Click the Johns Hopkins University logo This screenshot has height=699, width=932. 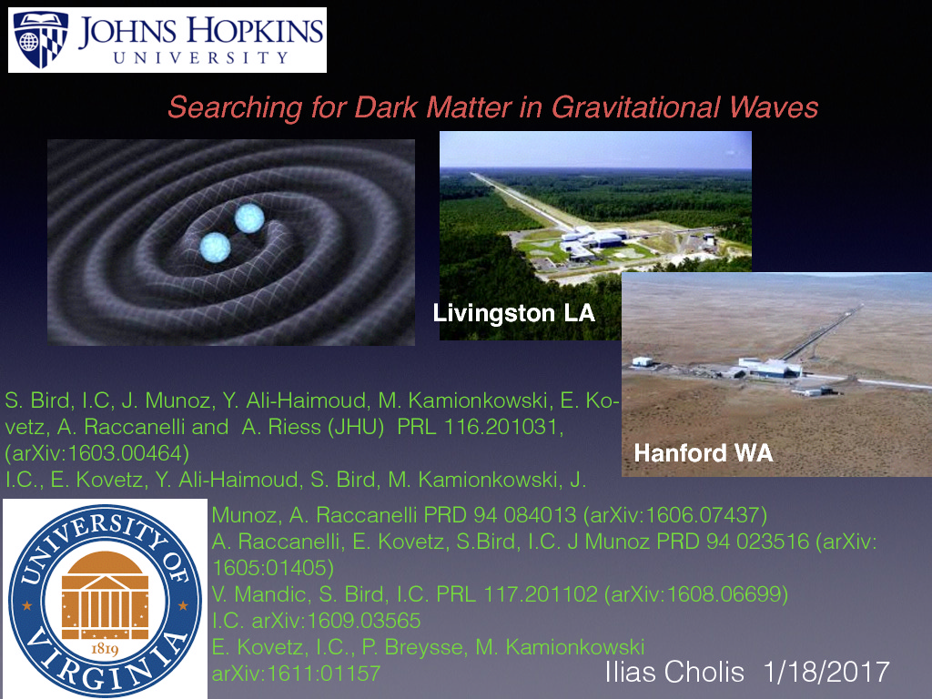[x=167, y=40]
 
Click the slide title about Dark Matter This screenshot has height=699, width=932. [x=492, y=107]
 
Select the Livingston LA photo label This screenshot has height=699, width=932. [x=513, y=314]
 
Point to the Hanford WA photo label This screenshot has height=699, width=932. [x=703, y=452]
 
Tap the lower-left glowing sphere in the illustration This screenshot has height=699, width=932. [x=215, y=248]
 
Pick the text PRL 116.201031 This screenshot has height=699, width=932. [x=480, y=429]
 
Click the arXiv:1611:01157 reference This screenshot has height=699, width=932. [x=295, y=674]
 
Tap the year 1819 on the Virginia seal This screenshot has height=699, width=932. [x=103, y=649]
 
